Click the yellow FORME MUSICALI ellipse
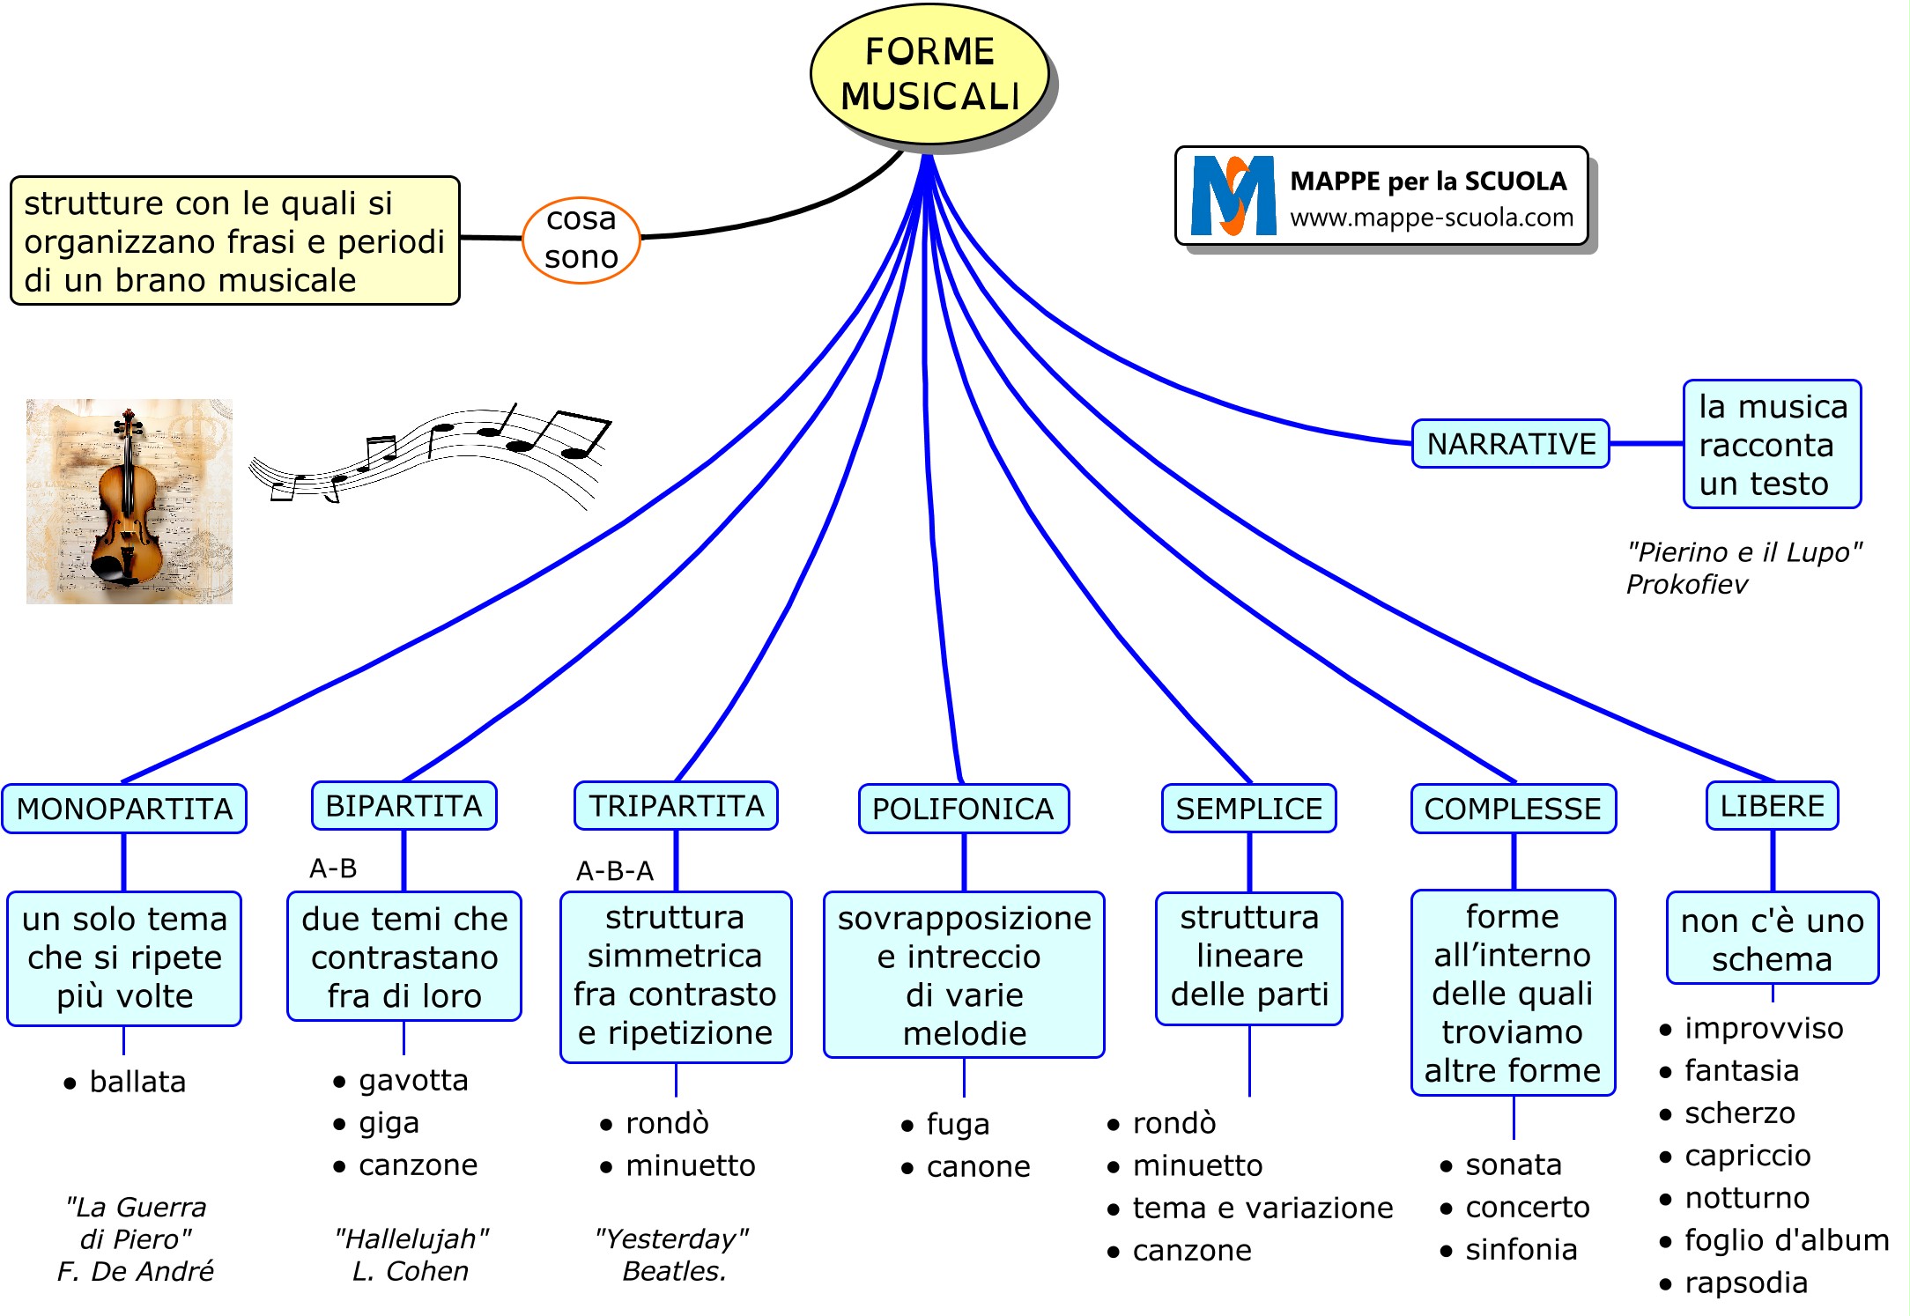tap(929, 74)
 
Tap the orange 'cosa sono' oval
tap(581, 239)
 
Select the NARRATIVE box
tap(1510, 444)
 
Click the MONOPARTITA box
tap(124, 809)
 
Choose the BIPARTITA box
tap(403, 806)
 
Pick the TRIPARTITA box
tap(676, 806)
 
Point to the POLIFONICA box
tap(963, 809)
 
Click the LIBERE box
tap(1772, 806)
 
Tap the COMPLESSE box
tap(1513, 809)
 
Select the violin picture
tap(130, 501)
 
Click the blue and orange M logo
tap(1233, 196)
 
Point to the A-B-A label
tap(614, 871)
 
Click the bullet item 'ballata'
tap(137, 1082)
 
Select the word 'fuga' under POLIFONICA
tap(958, 1125)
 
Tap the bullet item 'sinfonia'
tap(1521, 1250)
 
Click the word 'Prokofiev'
tap(1686, 584)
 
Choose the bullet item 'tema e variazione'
tap(1262, 1208)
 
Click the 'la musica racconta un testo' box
tap(1772, 445)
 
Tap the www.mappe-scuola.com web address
tap(1432, 218)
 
